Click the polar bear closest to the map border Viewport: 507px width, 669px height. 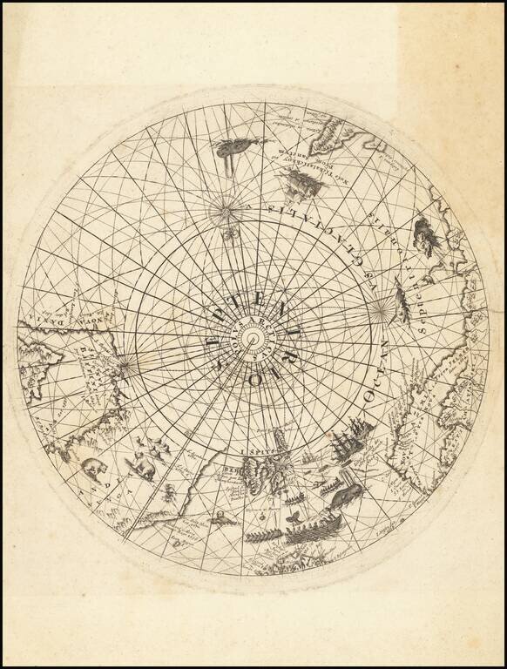(91, 471)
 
